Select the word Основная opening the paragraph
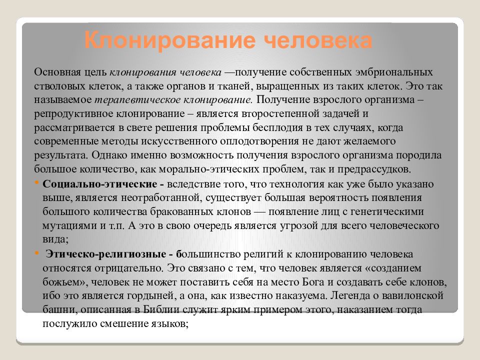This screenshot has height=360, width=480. pos(56,72)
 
